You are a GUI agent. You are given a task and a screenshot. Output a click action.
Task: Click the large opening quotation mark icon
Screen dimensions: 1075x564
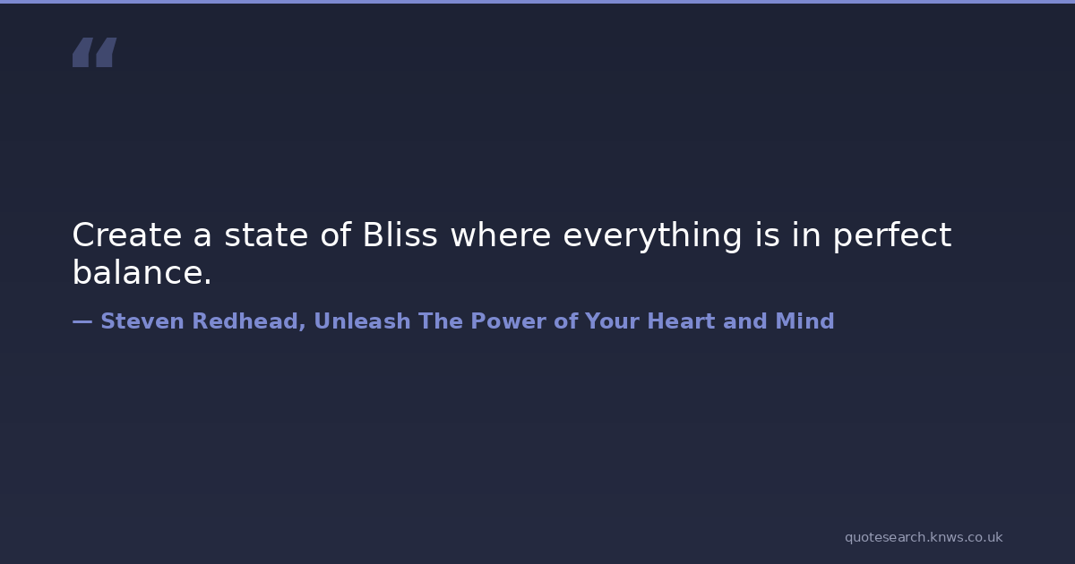95,52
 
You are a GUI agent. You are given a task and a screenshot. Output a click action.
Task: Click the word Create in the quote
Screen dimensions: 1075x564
127,235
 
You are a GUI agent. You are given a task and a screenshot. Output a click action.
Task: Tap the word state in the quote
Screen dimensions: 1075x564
266,235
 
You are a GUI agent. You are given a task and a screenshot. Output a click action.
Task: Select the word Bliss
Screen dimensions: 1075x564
400,235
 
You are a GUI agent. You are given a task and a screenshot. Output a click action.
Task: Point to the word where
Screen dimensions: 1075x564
501,235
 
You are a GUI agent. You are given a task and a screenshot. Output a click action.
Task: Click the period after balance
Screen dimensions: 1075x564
207,282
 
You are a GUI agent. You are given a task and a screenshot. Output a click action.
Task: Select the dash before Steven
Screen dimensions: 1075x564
82,321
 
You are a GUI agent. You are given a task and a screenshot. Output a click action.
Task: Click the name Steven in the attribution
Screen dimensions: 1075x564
142,320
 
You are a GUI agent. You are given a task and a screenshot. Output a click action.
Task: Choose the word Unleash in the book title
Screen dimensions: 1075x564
362,320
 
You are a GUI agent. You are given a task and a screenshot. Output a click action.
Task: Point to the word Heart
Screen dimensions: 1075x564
681,320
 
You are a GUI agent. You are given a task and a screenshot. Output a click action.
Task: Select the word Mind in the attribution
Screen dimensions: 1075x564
804,320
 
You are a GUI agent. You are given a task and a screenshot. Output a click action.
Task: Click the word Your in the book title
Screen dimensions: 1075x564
613,320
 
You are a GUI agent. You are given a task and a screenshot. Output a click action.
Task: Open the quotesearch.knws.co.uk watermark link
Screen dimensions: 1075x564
924,537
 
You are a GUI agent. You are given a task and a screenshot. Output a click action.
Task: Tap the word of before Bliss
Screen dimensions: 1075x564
335,235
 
